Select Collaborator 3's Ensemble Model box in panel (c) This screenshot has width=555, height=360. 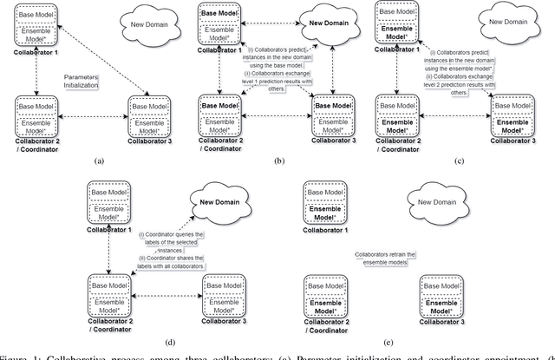coord(510,121)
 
